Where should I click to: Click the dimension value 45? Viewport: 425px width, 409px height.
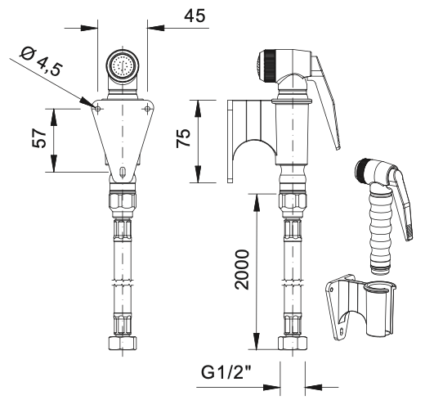tap(195, 16)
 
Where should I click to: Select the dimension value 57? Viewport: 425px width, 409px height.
tap(39, 138)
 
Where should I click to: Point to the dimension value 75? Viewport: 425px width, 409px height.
tap(183, 137)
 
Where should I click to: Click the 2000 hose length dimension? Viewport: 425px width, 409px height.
tap(242, 269)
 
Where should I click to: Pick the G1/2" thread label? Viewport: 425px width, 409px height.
tap(226, 372)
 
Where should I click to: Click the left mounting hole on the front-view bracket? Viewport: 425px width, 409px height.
tap(98, 109)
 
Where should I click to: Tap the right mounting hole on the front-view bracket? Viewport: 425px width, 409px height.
tap(147, 109)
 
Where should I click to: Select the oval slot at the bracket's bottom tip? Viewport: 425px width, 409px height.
tap(123, 172)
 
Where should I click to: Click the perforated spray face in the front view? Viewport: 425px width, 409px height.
tap(123, 65)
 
